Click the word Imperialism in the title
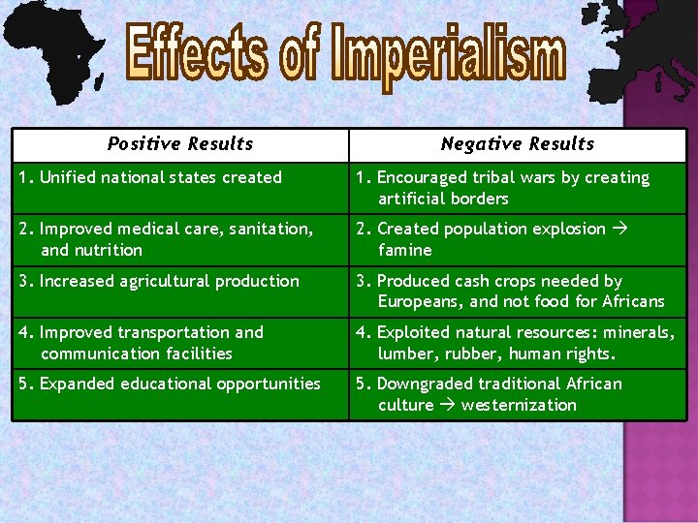click(448, 54)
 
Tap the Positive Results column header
click(180, 144)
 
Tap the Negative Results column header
click(517, 144)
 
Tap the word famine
click(405, 250)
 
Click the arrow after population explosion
click(619, 229)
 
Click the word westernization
click(519, 405)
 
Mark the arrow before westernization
click(447, 405)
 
